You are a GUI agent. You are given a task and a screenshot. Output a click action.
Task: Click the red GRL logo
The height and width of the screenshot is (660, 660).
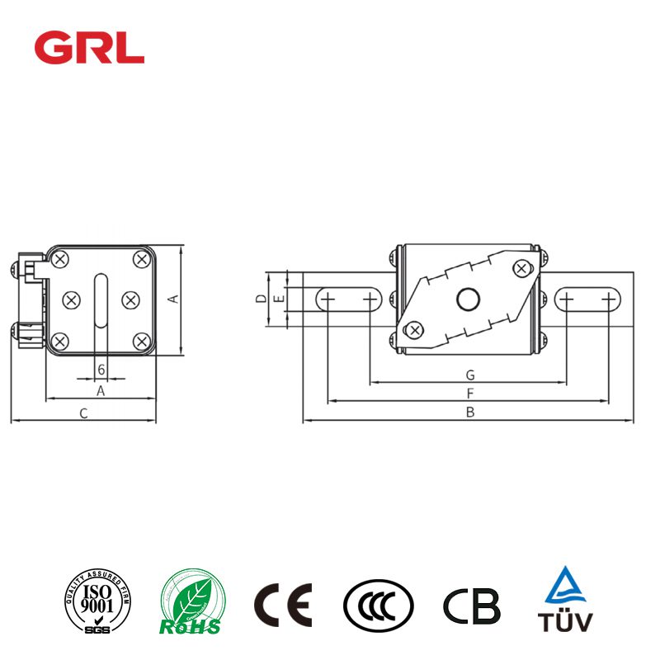[x=89, y=48]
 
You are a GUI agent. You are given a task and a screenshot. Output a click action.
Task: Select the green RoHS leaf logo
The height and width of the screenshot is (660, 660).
[x=191, y=606]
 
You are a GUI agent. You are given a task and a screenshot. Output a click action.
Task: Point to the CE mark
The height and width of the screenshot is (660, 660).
[x=282, y=606]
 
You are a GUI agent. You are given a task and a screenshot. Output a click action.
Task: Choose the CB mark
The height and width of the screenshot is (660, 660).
[x=471, y=606]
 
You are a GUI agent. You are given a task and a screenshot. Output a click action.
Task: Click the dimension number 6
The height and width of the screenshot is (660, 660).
[x=101, y=369]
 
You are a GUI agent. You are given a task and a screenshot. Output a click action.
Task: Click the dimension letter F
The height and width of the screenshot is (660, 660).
[x=469, y=394]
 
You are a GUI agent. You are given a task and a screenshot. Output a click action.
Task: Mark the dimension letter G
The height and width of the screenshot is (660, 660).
[x=469, y=375]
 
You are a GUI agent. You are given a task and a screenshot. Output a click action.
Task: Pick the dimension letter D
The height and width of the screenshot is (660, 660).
[x=260, y=299]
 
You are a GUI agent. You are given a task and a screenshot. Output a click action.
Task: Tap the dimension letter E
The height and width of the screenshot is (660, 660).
[x=279, y=299]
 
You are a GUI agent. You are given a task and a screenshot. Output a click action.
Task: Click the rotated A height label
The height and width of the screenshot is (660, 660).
[x=173, y=299]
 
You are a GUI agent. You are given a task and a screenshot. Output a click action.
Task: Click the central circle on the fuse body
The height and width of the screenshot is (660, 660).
[x=469, y=299]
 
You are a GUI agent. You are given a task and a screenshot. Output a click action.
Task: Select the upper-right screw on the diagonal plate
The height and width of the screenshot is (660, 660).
[x=521, y=267]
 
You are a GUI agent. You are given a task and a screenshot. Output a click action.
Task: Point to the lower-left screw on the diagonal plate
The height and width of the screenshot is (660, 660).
[x=415, y=331]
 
